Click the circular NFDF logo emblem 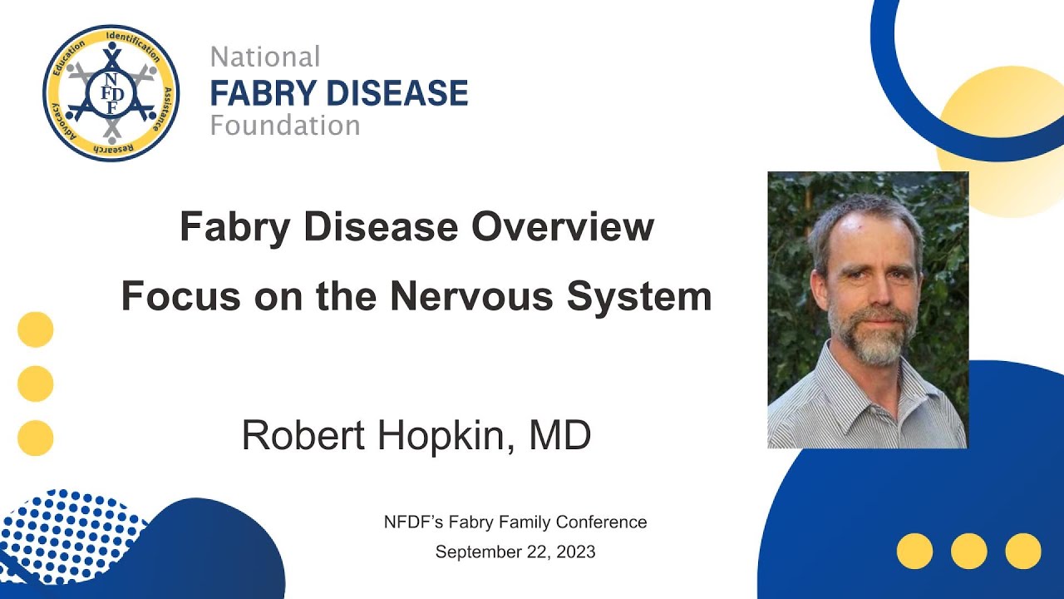(111, 93)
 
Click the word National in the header (265, 57)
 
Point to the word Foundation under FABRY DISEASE (285, 126)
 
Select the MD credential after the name (559, 435)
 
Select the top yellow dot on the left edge (36, 329)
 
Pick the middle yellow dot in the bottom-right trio (968, 551)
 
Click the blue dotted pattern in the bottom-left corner (66, 532)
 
